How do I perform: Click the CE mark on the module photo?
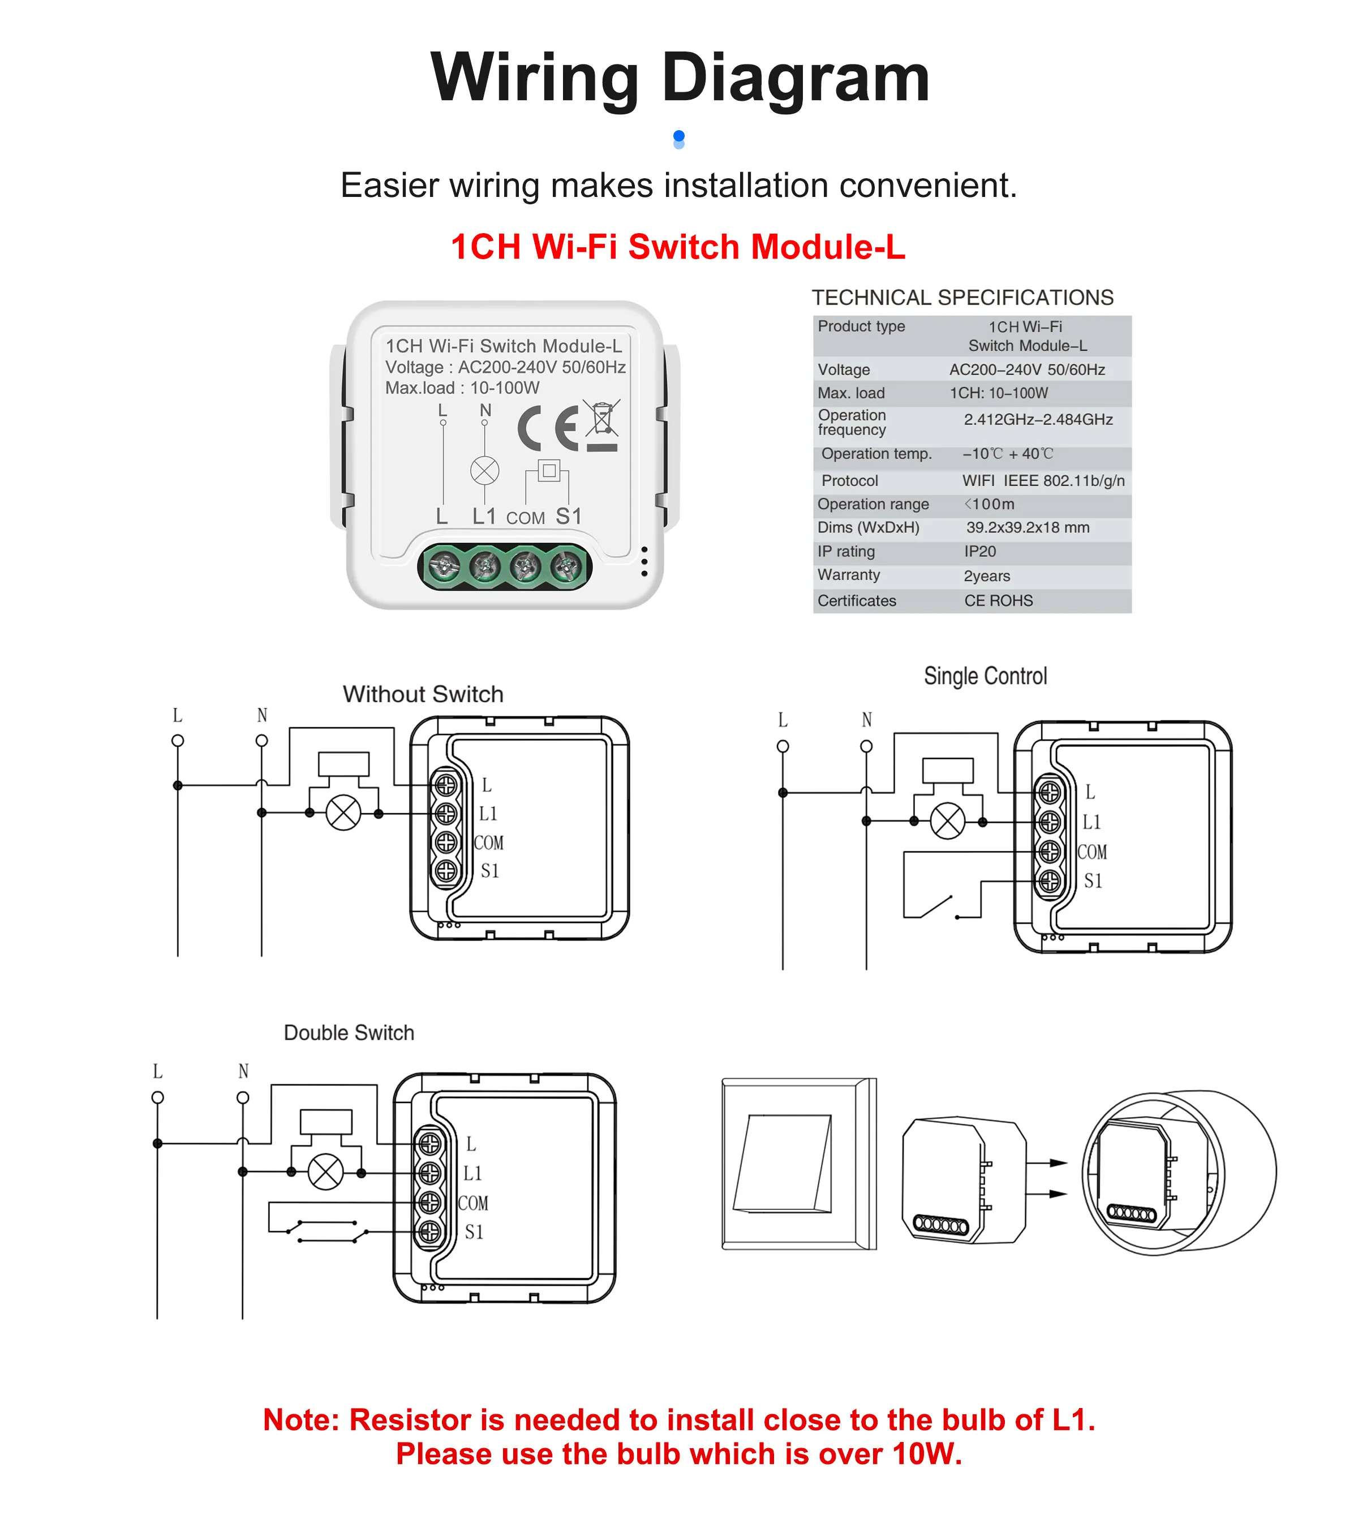pos(548,428)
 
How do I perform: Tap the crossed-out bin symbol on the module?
pos(603,420)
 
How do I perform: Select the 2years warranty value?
pos(987,576)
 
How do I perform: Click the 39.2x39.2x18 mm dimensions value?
pos(1027,528)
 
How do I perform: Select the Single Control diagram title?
pos(985,676)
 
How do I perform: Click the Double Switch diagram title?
pos(349,1033)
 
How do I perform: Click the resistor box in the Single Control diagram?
pos(947,770)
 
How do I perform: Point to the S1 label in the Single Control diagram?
pos(1093,881)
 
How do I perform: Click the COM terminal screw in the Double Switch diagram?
pos(429,1203)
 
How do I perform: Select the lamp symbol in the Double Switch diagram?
pos(326,1172)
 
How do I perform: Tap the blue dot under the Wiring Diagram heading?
pos(678,137)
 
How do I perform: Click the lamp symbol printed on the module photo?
pos(484,471)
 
